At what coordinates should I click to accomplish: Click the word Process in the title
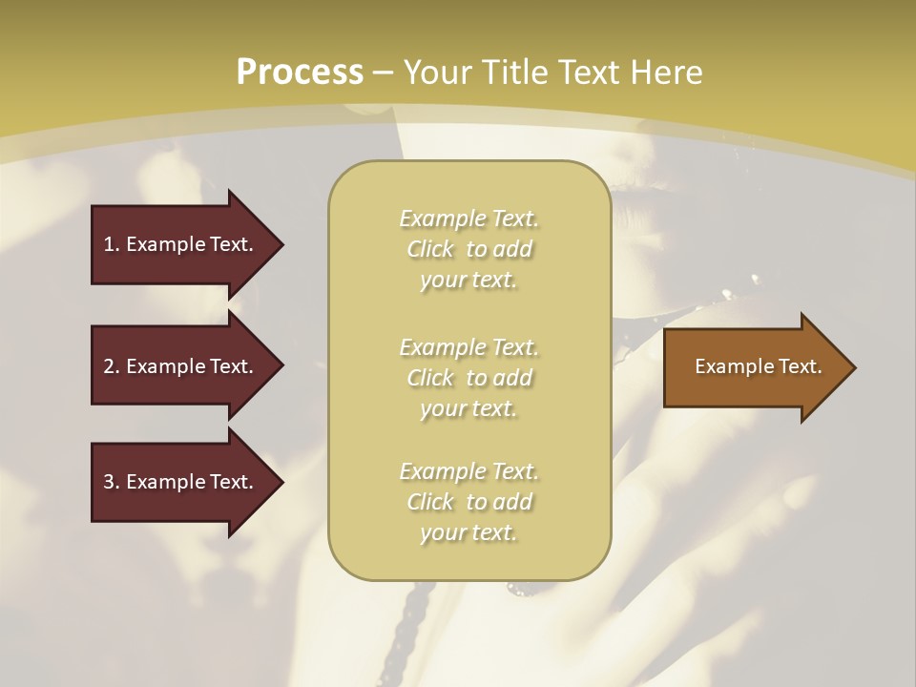point(300,72)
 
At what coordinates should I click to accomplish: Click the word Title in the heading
point(512,72)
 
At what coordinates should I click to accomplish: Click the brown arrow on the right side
point(754,366)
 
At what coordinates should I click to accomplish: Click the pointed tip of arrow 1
point(281,244)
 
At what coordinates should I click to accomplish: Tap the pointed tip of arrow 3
point(281,482)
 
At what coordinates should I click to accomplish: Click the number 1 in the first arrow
point(109,244)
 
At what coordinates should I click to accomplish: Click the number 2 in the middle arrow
point(109,366)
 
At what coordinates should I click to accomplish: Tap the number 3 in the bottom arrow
point(109,482)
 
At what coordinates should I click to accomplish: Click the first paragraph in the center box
point(469,249)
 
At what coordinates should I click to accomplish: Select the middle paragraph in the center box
point(469,378)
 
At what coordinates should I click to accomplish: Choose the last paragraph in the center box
point(469,502)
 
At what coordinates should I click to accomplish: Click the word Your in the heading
point(437,72)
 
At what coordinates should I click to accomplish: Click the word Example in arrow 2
point(164,366)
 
